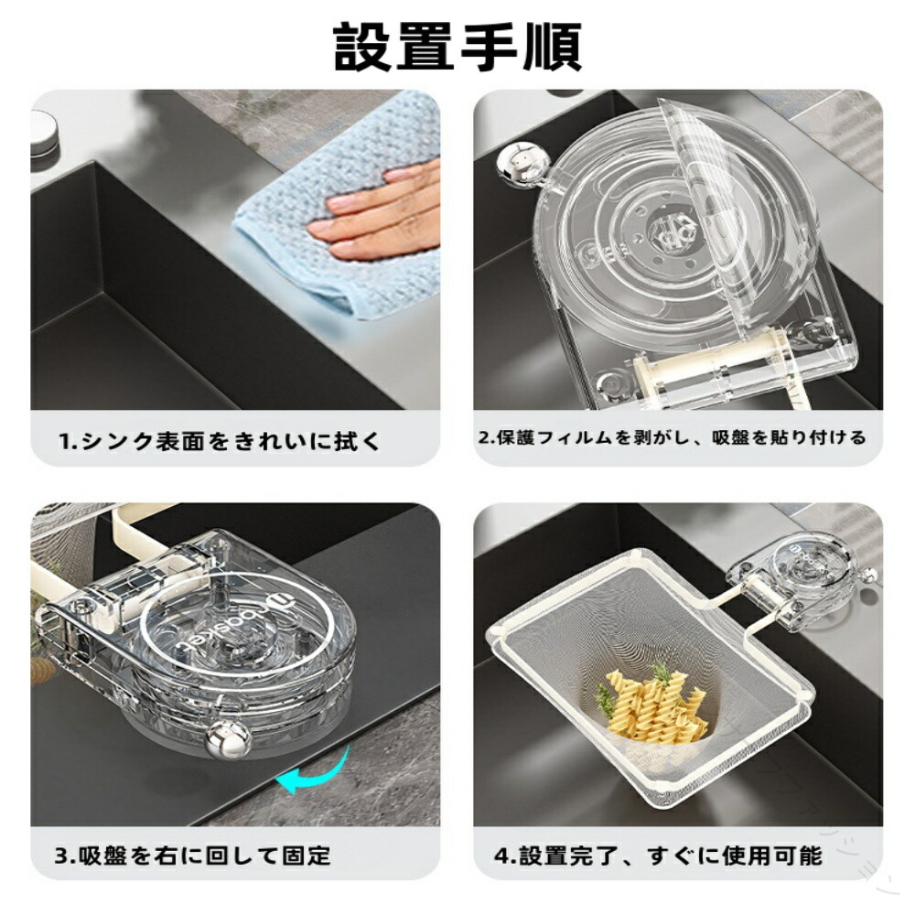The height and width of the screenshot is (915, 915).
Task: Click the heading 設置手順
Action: coord(457,48)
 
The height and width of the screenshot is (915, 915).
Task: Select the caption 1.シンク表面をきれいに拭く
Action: coord(220,441)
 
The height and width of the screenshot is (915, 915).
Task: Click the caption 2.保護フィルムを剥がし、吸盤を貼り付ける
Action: coord(673,437)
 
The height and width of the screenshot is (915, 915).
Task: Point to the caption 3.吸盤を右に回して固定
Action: coord(192,856)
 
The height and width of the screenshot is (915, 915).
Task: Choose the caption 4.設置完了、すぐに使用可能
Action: coord(658,856)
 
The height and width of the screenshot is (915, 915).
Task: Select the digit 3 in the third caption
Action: coord(62,856)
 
